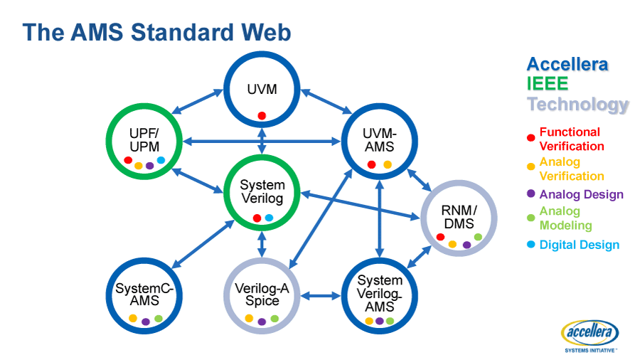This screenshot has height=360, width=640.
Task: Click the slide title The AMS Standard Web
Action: point(156,33)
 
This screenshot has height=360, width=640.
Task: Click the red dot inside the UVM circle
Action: point(262,115)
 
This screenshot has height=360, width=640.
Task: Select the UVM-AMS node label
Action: point(378,140)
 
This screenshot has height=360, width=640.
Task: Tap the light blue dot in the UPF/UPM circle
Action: point(161,160)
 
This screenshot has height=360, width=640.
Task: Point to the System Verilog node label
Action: point(262,191)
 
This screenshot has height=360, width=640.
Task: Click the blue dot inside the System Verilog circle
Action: point(269,218)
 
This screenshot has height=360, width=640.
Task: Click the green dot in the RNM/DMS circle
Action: point(478,237)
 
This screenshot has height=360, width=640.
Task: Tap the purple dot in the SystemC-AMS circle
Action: point(146,322)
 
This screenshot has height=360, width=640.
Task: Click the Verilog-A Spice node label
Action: point(262,295)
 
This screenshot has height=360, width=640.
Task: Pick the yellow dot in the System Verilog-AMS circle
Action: point(369,321)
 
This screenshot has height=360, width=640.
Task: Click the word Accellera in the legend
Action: point(567,64)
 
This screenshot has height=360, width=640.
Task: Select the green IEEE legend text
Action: point(548,84)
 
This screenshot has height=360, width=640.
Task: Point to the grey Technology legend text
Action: point(577,105)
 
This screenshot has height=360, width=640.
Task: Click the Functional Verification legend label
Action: point(571,139)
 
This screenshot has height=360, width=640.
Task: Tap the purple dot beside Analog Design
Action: point(530,194)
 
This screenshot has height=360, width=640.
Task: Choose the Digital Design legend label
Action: point(579,245)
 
